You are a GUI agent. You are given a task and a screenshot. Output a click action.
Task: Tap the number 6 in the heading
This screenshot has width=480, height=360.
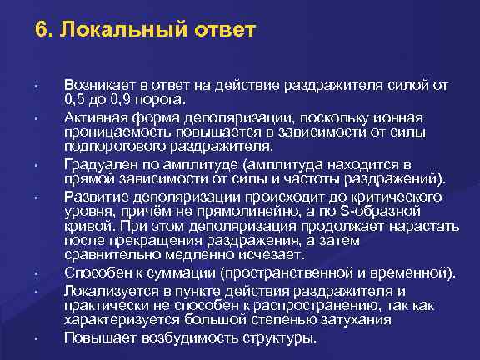pyautogui.click(x=42, y=32)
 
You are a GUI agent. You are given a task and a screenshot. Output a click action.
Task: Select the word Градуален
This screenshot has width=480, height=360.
pyautogui.click(x=99, y=163)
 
